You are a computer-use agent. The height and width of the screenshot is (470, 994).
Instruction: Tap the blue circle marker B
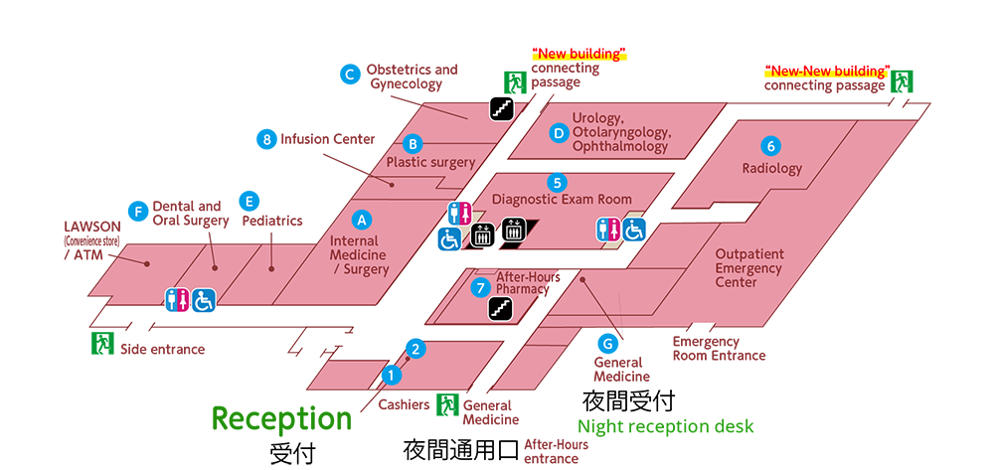pos(414,141)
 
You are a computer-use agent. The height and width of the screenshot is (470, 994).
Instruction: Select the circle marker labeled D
pos(559,132)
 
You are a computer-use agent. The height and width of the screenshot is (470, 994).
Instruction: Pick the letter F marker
pos(139,212)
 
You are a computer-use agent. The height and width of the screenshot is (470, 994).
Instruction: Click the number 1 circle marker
pos(392,376)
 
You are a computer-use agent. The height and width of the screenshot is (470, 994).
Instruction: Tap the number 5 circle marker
pos(558,182)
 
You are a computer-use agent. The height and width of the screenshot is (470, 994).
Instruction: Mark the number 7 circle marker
pos(482,288)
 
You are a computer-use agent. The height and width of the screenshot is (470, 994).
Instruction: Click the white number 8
pos(266,140)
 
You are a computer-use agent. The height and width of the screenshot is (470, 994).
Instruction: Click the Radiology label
pos(771,168)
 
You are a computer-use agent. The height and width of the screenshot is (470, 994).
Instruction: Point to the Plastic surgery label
pos(430,162)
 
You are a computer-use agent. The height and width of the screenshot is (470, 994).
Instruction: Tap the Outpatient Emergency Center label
pos(748,268)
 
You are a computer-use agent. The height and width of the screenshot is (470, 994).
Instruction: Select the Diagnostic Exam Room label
pos(562,200)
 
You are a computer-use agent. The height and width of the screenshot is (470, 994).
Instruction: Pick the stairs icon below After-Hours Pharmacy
pos(500,310)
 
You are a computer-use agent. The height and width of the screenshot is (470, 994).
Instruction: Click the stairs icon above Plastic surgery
pos(502,105)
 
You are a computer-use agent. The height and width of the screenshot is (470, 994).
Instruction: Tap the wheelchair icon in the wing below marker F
pos(204,299)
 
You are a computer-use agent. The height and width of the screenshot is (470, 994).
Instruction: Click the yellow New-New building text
pos(827,72)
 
